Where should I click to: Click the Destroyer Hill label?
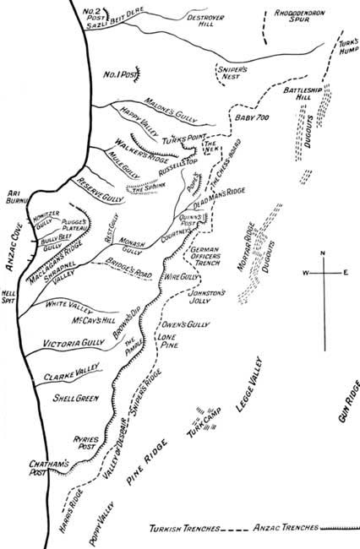click(x=211, y=18)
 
